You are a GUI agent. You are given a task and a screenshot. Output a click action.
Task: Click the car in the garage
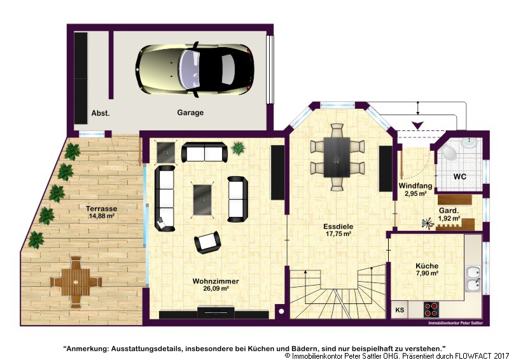click(x=195, y=69)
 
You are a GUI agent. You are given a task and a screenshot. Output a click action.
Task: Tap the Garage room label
click(x=190, y=113)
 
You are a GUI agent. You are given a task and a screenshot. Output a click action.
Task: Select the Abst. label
click(x=101, y=113)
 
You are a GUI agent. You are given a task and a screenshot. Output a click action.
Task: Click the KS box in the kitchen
click(x=400, y=310)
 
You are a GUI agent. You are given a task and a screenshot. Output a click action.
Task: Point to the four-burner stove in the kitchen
click(x=431, y=309)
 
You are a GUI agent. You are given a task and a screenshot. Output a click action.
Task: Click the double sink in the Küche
click(x=473, y=279)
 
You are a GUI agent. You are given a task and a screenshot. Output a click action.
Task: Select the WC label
click(x=459, y=177)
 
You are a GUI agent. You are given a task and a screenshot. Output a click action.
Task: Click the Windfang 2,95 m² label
click(x=415, y=190)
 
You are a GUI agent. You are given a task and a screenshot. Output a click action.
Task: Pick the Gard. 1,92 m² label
click(x=449, y=214)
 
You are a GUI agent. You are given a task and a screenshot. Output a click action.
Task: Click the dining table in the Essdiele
click(x=337, y=157)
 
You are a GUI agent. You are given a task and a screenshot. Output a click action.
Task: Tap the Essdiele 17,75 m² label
click(x=338, y=230)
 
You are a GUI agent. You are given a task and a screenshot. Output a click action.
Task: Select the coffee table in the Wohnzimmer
click(x=204, y=200)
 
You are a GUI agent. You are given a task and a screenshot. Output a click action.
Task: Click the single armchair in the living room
click(x=207, y=242)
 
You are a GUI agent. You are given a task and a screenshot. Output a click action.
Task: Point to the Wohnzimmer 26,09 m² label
click(x=216, y=284)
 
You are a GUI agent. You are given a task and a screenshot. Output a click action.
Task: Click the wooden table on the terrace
click(x=76, y=282)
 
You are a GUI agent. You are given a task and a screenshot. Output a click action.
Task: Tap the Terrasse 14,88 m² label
click(x=101, y=212)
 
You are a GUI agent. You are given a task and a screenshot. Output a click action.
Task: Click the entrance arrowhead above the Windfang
click(x=417, y=125)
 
